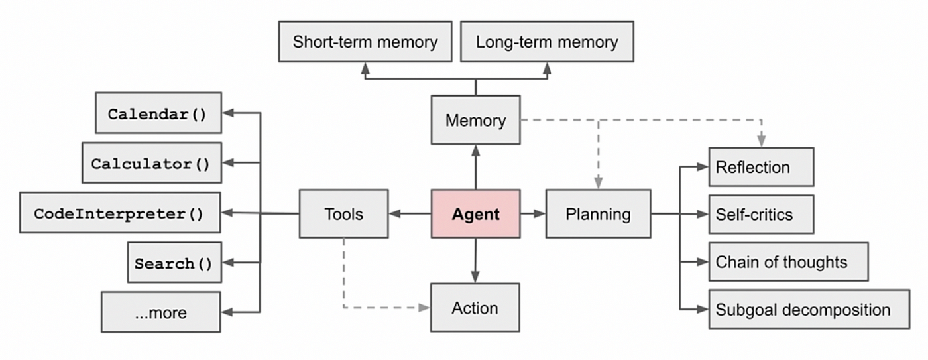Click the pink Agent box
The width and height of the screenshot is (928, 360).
point(475,213)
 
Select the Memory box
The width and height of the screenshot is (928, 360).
point(475,120)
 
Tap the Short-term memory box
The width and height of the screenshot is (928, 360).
point(365,42)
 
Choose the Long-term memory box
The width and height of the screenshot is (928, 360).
point(547,42)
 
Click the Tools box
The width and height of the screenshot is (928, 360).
point(343,213)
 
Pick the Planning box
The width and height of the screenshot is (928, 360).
point(598,213)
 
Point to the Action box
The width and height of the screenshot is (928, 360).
point(475,308)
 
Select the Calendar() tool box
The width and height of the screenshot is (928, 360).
point(158,113)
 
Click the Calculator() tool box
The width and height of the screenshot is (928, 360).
point(151,163)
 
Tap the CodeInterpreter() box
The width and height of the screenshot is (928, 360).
point(120,213)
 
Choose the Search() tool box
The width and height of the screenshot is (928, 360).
point(174,263)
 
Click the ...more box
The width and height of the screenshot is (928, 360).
point(160,312)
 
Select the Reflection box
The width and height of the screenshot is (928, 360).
point(761,167)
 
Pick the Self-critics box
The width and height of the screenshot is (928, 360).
point(761,214)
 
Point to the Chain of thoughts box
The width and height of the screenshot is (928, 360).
point(788,262)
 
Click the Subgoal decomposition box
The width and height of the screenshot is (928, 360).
point(809,309)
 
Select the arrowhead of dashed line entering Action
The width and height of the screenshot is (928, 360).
point(424,308)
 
